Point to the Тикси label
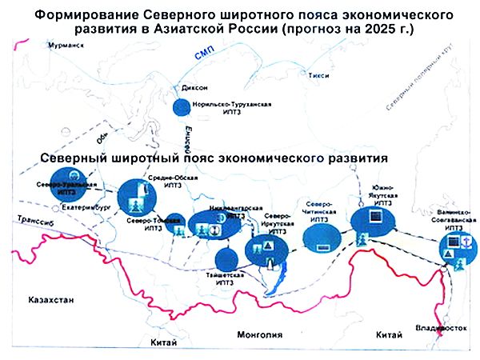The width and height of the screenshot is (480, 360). tap(318, 75)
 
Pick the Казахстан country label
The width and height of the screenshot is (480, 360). tap(50, 300)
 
